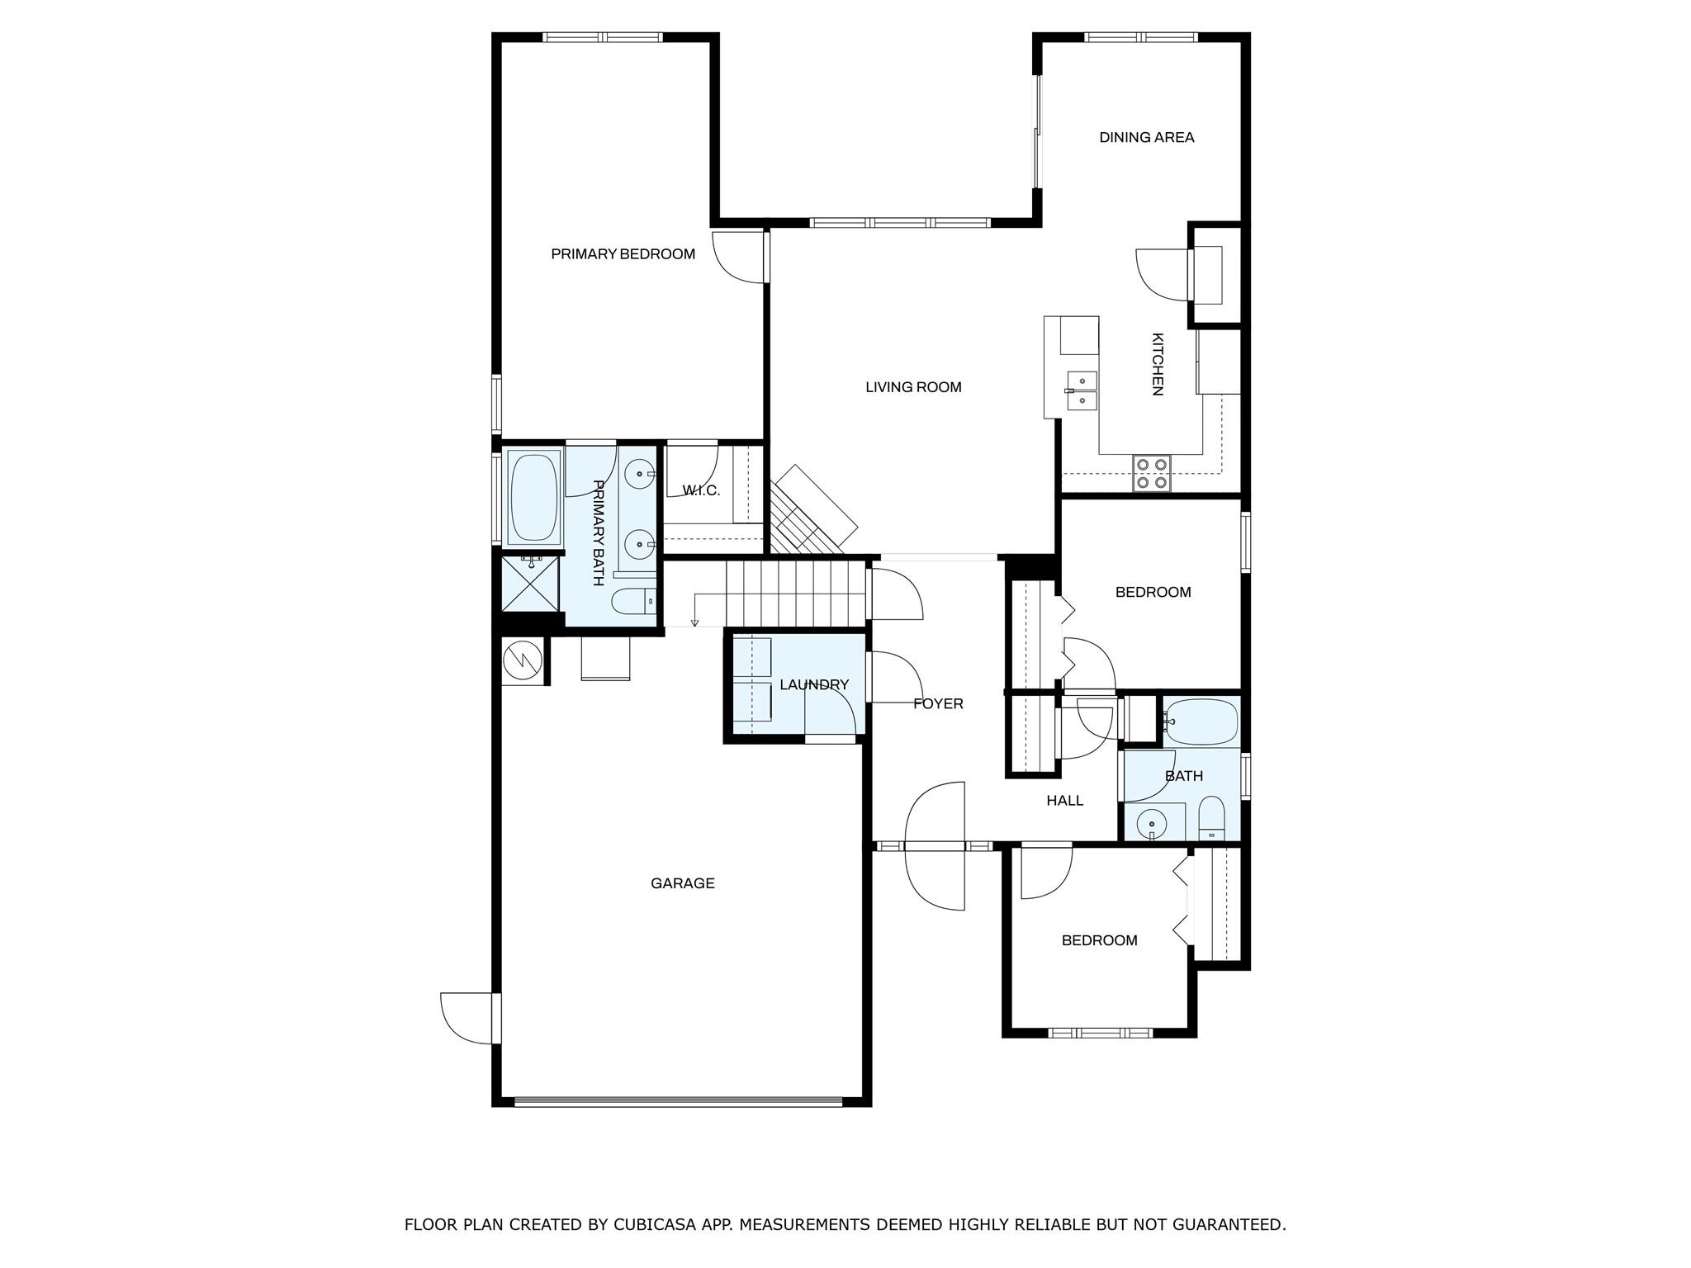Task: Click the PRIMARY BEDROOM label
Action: (x=623, y=254)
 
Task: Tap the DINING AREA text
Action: (x=1146, y=138)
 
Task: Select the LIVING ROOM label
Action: (x=913, y=387)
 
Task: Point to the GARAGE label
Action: (x=682, y=883)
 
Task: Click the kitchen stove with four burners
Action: (x=1151, y=474)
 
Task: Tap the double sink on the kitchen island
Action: (x=1081, y=390)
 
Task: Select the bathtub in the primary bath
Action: (x=533, y=497)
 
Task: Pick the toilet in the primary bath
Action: (x=632, y=601)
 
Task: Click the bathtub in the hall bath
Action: (x=1201, y=722)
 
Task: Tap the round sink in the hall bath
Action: (x=1151, y=823)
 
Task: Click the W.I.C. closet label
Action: (x=701, y=491)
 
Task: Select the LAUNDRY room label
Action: (x=813, y=685)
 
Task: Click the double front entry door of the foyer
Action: (x=935, y=846)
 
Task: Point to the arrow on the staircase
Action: (x=695, y=620)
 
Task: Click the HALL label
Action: (x=1064, y=801)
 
